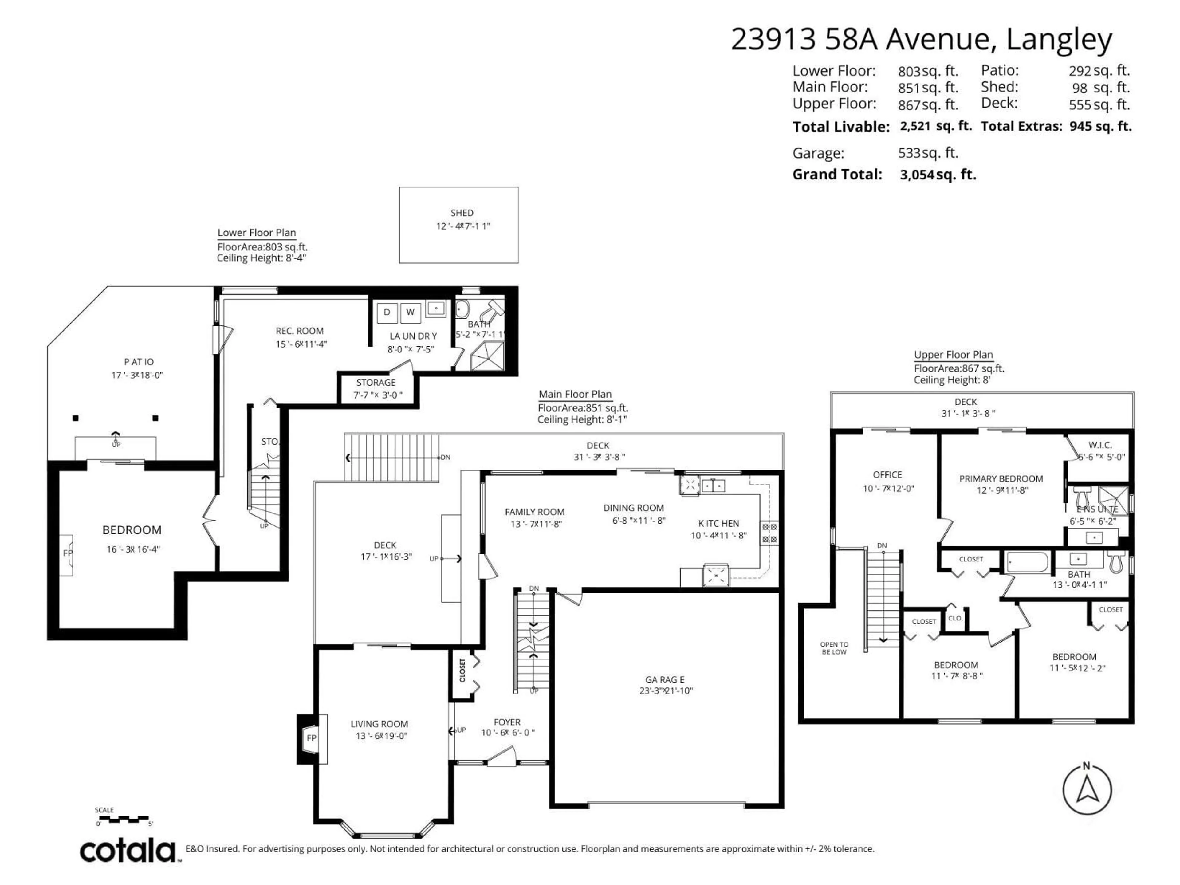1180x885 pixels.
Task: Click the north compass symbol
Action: pyautogui.click(x=1087, y=789)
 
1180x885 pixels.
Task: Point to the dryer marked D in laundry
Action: pyautogui.click(x=387, y=313)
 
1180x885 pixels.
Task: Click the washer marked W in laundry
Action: pyautogui.click(x=410, y=313)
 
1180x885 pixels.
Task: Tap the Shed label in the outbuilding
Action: pyautogui.click(x=462, y=213)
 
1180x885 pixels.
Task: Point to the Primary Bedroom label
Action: pyautogui.click(x=1001, y=478)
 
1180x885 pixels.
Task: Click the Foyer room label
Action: pyautogui.click(x=507, y=722)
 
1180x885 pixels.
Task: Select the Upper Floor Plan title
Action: pyautogui.click(x=953, y=355)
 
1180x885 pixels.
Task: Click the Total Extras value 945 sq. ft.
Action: pyautogui.click(x=1100, y=126)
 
